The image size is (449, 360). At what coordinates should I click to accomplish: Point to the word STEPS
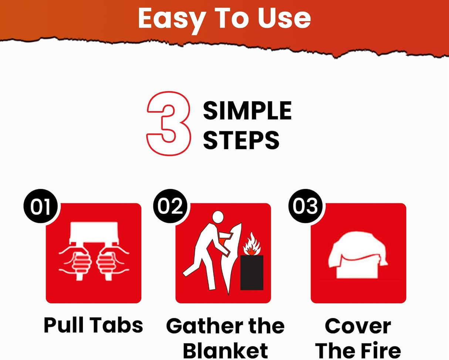241,140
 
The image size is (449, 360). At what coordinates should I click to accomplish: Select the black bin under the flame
251,272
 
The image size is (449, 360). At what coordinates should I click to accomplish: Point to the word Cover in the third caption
358,326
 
